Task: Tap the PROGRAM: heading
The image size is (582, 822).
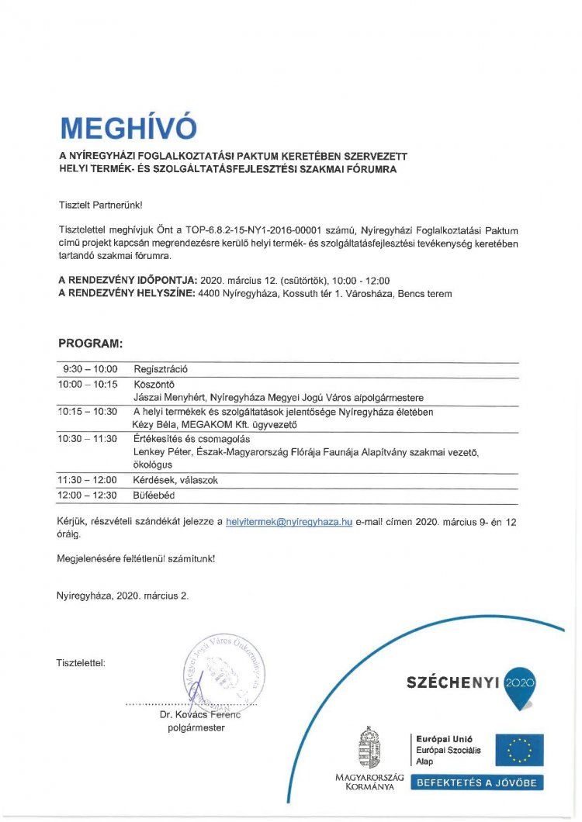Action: pyautogui.click(x=91, y=343)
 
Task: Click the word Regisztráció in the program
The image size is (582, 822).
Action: pyautogui.click(x=161, y=369)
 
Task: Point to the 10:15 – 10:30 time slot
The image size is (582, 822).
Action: pyautogui.click(x=87, y=411)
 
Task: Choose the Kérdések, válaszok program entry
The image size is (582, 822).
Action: pyautogui.click(x=175, y=480)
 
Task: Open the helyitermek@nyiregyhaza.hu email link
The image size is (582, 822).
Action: pyautogui.click(x=289, y=522)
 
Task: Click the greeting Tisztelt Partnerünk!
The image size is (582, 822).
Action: pyautogui.click(x=101, y=205)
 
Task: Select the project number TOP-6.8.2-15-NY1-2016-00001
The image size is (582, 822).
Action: pyautogui.click(x=272, y=230)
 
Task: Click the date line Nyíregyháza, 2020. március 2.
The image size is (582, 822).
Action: pyautogui.click(x=123, y=596)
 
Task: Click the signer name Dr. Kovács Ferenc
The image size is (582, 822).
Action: pyautogui.click(x=200, y=714)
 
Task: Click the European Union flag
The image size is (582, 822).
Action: pyautogui.click(x=520, y=750)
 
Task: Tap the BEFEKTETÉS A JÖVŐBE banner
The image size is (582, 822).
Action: pyautogui.click(x=477, y=782)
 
